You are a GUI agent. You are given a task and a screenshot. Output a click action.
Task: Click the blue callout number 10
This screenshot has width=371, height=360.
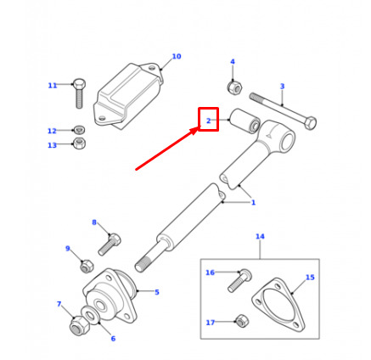(x=177, y=56)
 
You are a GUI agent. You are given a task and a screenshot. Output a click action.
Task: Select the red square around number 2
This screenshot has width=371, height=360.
(x=209, y=108)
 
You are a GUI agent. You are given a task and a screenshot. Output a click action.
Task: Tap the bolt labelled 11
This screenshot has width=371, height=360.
(x=79, y=93)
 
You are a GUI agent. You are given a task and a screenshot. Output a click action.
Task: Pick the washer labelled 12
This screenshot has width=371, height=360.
(x=80, y=130)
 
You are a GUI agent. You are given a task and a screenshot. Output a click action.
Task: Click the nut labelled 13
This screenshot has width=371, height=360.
(x=80, y=143)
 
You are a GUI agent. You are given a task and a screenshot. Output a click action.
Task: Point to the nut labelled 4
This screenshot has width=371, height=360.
(x=234, y=87)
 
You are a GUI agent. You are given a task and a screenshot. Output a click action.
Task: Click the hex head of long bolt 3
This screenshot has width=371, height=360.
(x=311, y=123)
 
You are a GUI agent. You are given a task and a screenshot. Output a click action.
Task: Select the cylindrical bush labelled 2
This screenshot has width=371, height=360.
(x=245, y=121)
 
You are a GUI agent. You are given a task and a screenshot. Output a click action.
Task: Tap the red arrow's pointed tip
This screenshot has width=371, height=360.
(x=200, y=127)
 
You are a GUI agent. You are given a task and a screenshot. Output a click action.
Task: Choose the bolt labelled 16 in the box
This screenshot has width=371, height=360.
(x=239, y=280)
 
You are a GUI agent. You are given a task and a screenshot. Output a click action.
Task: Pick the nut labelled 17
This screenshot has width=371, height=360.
(x=242, y=321)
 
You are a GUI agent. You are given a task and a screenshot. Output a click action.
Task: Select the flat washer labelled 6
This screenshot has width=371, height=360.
(x=91, y=313)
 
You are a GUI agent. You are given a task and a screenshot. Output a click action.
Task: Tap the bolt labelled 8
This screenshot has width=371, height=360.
(x=110, y=244)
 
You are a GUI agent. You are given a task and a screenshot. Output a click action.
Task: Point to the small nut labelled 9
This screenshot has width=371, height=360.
(x=87, y=266)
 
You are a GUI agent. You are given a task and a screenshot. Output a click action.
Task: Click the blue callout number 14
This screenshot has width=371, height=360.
(x=260, y=236)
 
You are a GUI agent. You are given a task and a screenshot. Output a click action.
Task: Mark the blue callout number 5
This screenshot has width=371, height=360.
(x=157, y=292)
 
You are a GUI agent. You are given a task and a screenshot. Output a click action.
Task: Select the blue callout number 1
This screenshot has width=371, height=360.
(x=253, y=202)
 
